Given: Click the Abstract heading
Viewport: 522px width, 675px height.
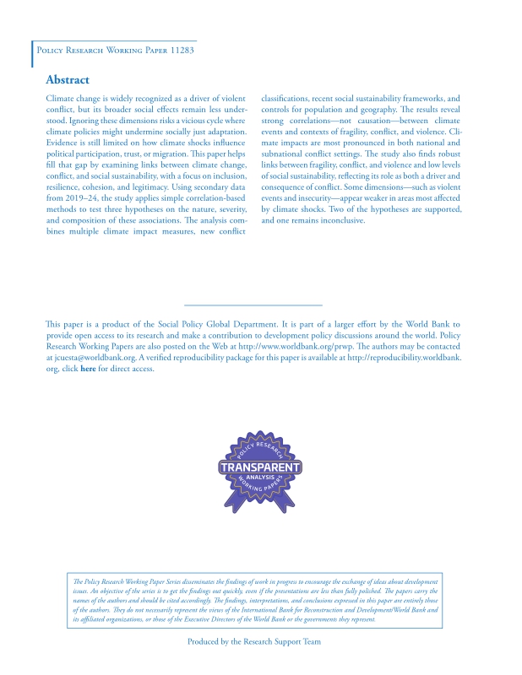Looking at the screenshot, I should point(67,80).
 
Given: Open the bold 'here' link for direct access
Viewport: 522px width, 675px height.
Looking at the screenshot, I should point(88,369).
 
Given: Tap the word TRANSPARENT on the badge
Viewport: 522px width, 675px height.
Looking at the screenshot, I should point(260,467).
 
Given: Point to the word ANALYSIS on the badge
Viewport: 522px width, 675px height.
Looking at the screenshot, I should point(260,478).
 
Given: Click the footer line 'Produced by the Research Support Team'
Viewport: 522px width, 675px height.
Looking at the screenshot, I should point(253,642).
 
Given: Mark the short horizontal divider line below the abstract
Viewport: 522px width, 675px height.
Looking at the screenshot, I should point(253,305).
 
